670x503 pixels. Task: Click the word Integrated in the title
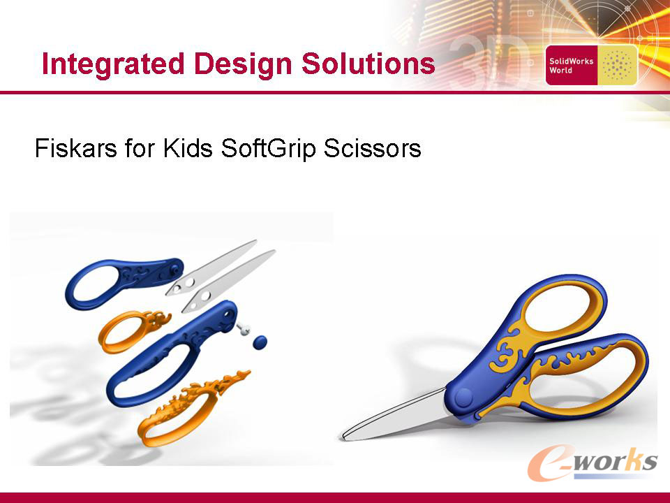113,64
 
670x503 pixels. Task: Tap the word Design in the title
243,64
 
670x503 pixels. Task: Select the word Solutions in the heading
368,64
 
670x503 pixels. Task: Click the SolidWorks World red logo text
571,66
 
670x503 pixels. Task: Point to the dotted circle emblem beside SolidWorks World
616,66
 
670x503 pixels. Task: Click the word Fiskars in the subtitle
75,148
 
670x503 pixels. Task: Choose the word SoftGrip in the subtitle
268,149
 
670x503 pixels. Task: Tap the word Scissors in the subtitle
372,148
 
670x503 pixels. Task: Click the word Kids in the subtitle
188,148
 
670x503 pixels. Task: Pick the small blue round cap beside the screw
260,342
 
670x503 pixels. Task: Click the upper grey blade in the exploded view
211,268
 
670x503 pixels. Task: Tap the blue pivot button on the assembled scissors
463,398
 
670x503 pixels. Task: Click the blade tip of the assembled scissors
343,437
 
